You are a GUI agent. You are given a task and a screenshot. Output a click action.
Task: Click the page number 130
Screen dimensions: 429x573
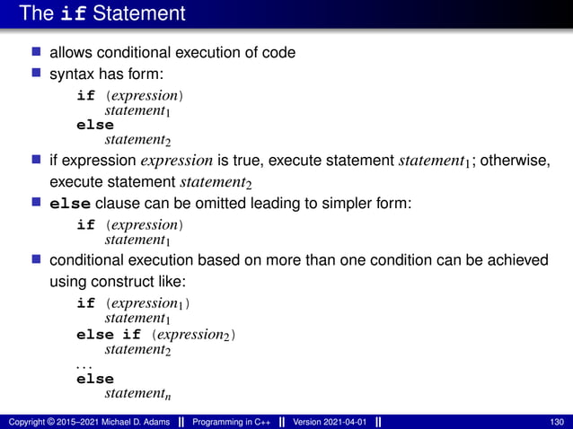(x=556, y=422)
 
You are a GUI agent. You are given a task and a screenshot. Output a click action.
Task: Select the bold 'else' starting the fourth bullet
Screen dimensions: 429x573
(x=68, y=204)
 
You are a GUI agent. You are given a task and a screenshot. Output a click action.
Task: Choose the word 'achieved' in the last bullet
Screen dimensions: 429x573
(x=513, y=260)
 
